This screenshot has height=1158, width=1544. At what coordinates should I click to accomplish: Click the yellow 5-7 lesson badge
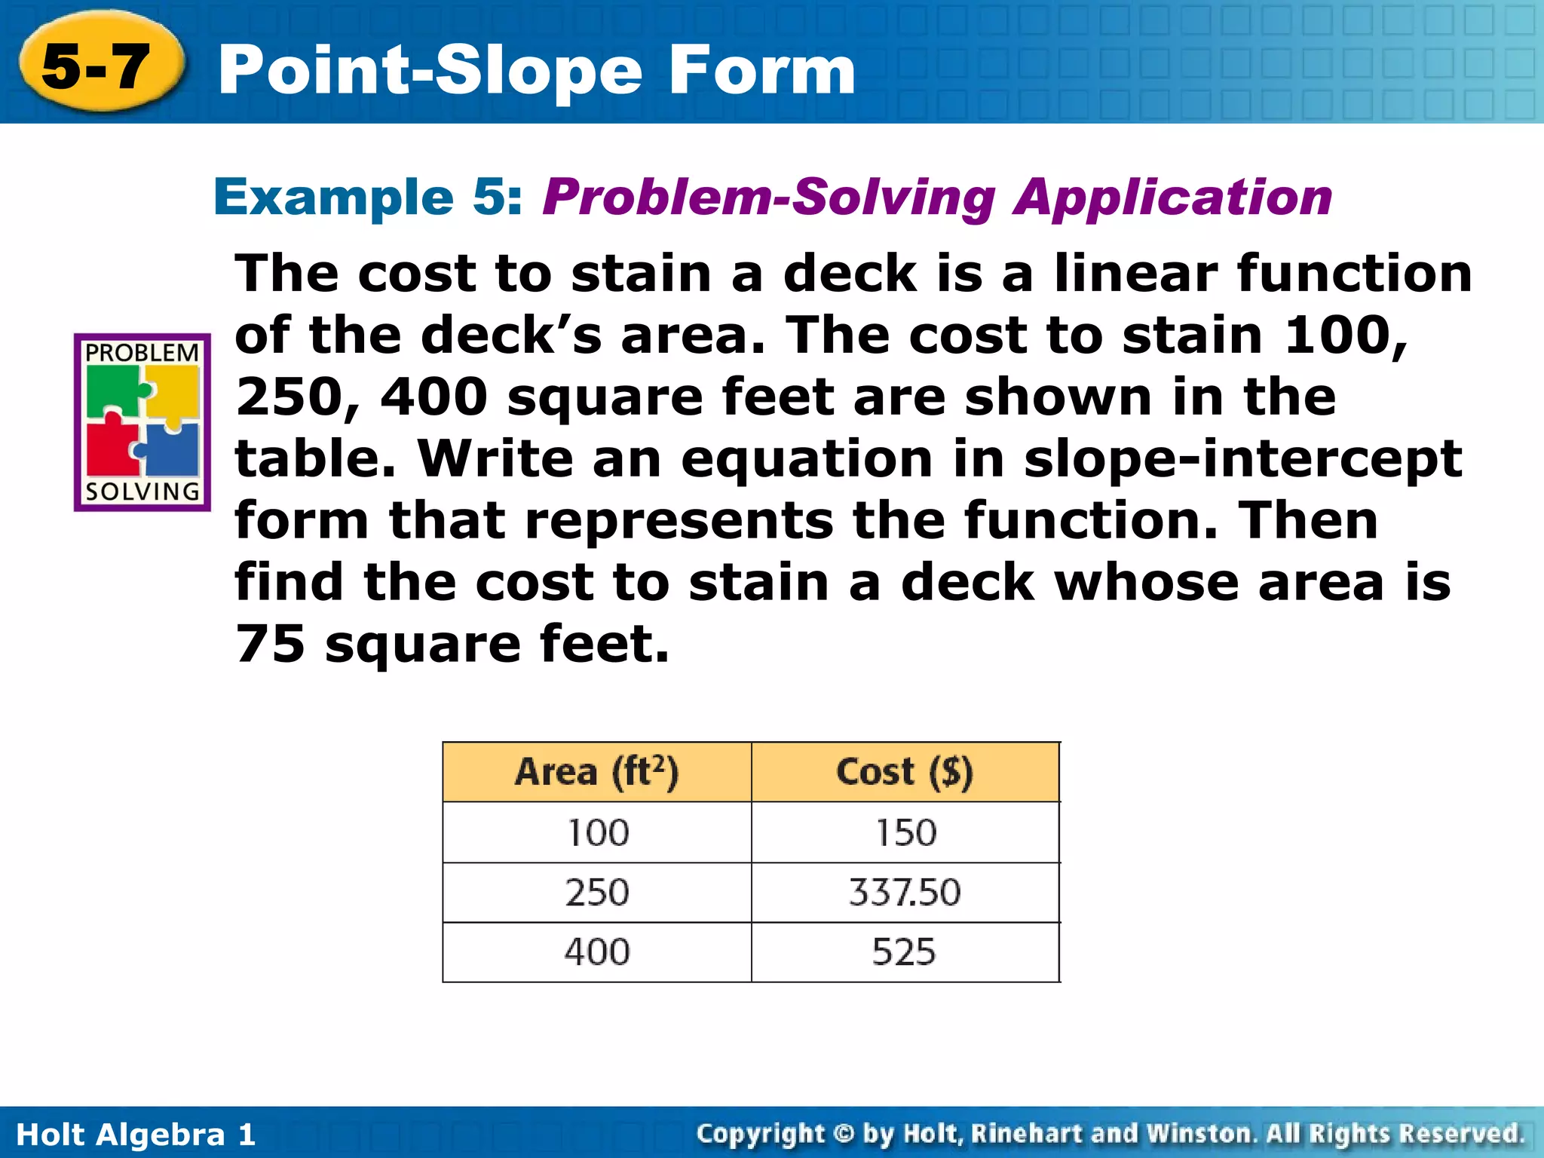point(98,66)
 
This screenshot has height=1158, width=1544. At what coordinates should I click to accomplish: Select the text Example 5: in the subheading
point(368,198)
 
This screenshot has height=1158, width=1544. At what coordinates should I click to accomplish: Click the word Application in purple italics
point(1172,198)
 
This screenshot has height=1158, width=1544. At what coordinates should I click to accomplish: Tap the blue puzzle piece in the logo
point(173,450)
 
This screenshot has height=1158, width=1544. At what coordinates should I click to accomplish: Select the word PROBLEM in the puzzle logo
point(142,353)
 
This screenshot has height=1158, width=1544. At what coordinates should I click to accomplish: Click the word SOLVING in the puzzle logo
point(142,492)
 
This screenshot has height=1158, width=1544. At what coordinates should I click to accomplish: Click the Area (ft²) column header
point(596,772)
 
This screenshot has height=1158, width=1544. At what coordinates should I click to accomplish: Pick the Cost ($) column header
point(905,772)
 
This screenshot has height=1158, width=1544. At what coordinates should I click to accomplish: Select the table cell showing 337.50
point(905,893)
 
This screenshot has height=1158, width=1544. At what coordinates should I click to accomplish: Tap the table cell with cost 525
point(905,952)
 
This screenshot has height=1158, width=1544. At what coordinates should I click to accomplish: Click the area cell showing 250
point(596,893)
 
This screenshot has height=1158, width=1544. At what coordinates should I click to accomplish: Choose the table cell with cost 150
point(905,833)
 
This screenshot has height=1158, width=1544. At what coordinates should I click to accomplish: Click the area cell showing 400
point(596,952)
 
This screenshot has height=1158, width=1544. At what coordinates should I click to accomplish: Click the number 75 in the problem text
point(270,645)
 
